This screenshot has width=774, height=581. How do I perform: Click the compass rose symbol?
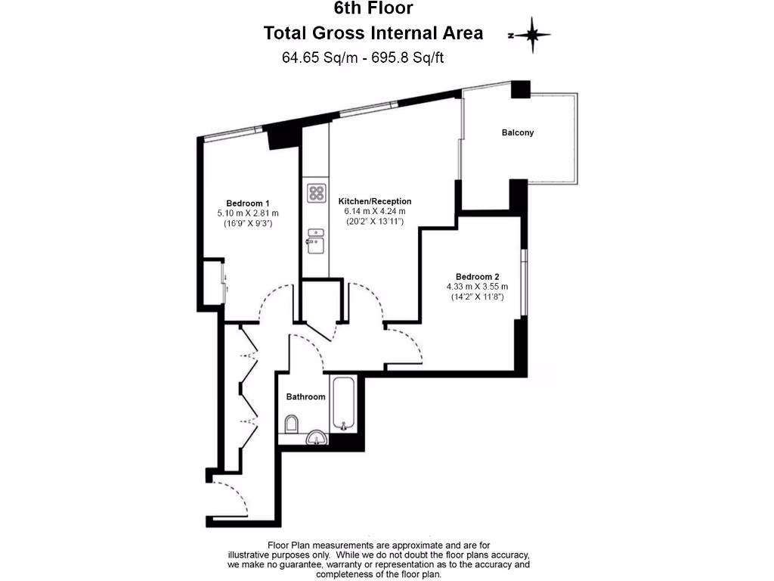click(533, 35)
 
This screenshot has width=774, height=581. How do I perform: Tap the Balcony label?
click(518, 132)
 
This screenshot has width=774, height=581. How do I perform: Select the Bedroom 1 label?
click(248, 203)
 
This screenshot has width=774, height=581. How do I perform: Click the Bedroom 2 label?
click(477, 276)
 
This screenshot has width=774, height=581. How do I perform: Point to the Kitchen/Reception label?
click(375, 201)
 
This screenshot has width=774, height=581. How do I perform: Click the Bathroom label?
click(305, 396)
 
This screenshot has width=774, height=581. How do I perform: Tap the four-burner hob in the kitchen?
click(316, 193)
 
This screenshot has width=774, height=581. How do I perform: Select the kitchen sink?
click(314, 243)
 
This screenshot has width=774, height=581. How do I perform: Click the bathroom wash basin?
click(317, 437)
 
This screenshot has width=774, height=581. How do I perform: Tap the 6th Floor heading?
click(373, 10)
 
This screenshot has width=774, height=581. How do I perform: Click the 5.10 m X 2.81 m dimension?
click(248, 213)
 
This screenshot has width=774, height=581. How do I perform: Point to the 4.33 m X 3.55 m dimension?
click(477, 287)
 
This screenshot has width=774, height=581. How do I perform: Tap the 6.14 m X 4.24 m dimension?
click(375, 212)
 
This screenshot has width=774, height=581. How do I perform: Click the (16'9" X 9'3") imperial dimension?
click(248, 224)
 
